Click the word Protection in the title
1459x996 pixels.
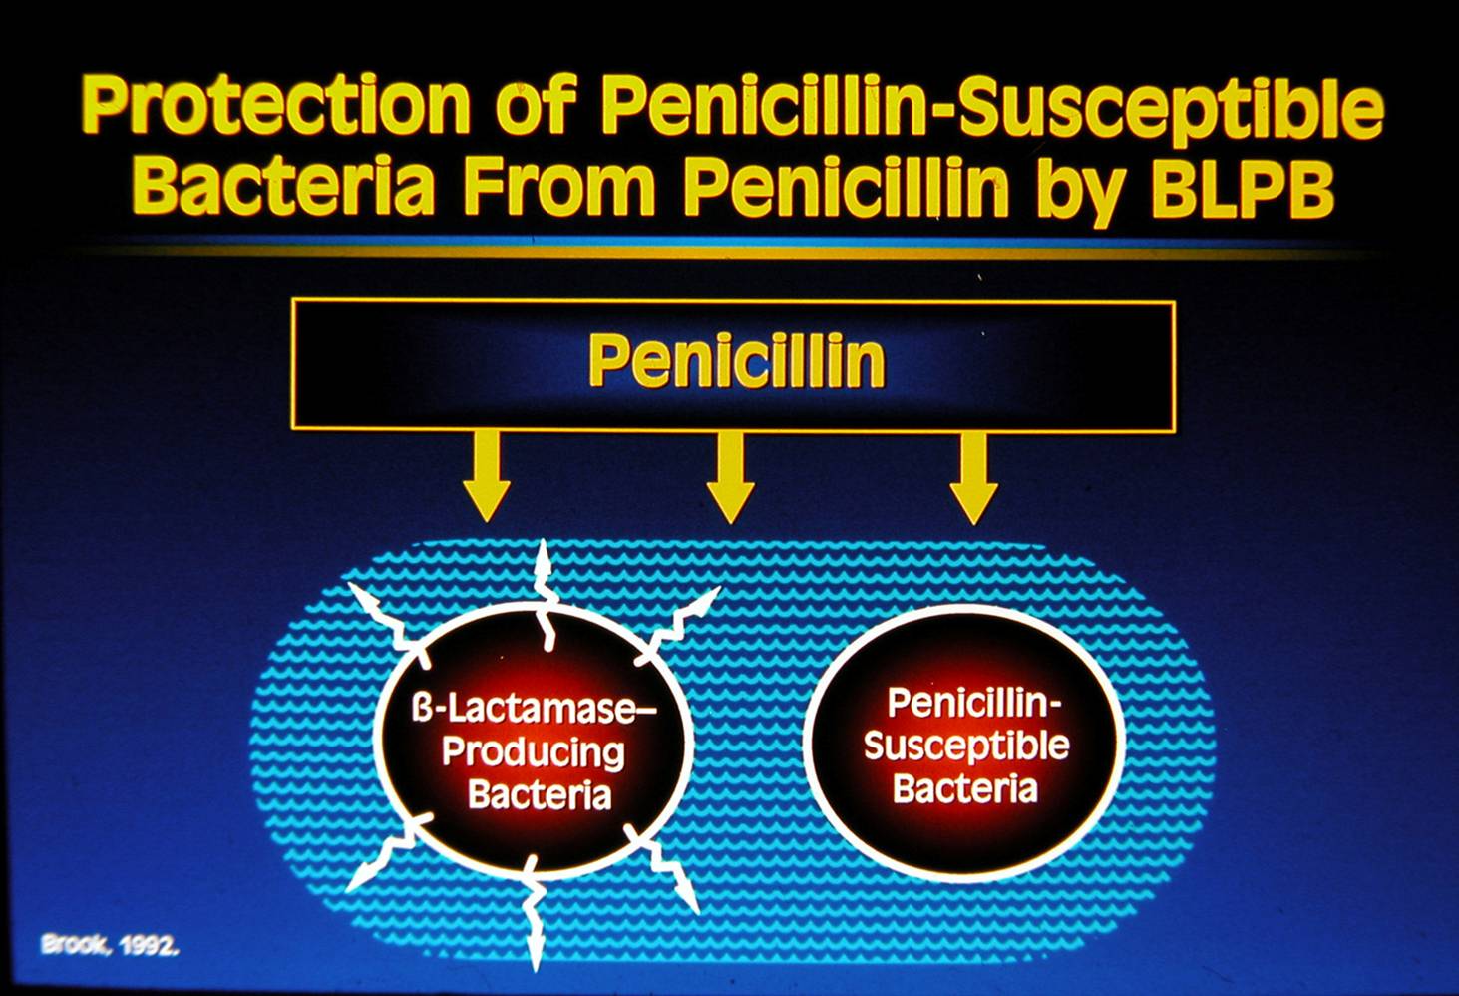[x=275, y=107]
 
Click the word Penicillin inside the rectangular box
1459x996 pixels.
[x=736, y=360]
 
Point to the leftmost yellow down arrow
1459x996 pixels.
[x=487, y=477]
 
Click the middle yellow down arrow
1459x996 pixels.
[x=730, y=477]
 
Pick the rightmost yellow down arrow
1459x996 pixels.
[x=973, y=477]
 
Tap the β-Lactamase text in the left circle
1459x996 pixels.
[x=535, y=710]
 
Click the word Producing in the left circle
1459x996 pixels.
[x=534, y=752]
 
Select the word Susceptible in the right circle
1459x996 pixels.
[x=965, y=747]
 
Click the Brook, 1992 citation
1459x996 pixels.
[x=110, y=944]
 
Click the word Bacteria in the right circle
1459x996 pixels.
[x=964, y=789]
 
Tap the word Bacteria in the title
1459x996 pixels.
[x=284, y=187]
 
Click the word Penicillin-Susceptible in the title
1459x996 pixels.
[x=992, y=107]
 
